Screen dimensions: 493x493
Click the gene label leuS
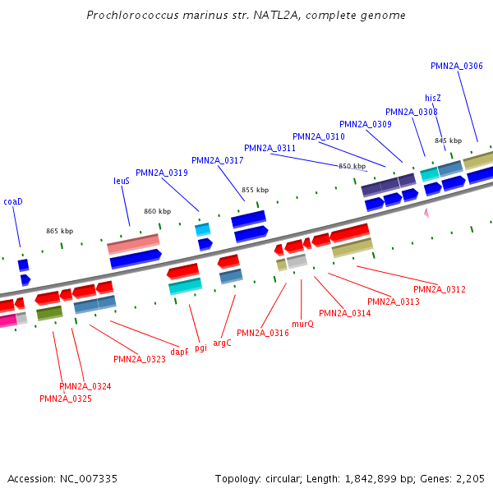[122, 181]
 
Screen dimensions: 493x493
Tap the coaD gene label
[13, 201]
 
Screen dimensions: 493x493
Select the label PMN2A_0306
[457, 66]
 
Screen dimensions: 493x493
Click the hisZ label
[433, 98]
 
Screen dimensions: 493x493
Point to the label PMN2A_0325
[66, 399]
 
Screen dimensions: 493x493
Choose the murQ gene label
[302, 324]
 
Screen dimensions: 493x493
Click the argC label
[223, 343]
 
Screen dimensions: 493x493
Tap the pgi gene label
[201, 348]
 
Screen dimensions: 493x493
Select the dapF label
[180, 352]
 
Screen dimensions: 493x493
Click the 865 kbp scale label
[59, 231]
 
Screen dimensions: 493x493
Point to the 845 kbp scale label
[448, 141]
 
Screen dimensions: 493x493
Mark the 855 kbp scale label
[255, 190]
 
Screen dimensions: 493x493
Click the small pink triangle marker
[426, 213]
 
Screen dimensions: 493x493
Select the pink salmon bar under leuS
[133, 244]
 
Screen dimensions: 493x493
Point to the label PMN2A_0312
[440, 289]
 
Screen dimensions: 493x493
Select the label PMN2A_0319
[162, 173]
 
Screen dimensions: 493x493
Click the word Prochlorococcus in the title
[130, 15]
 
